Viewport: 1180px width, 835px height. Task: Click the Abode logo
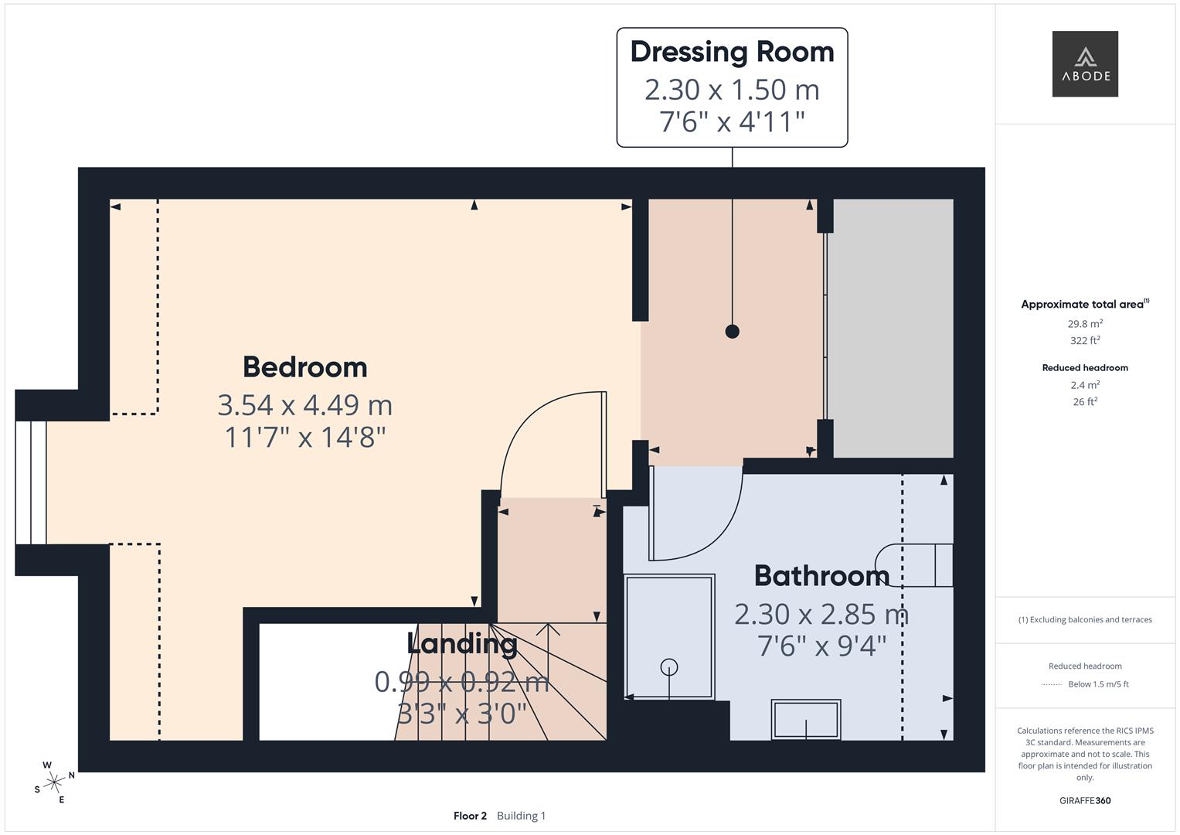tap(1085, 64)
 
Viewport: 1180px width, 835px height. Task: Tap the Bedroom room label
tap(304, 367)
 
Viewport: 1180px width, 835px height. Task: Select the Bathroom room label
tap(821, 576)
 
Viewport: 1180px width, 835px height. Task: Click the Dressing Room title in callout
tap(732, 52)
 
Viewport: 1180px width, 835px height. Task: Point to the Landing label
tap(462, 643)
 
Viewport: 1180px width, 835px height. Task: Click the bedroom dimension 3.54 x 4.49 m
tap(304, 405)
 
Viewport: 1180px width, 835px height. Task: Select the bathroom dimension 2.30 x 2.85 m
tap(821, 615)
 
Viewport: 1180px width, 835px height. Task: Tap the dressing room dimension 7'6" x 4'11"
tap(732, 122)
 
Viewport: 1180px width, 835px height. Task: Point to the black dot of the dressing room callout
tap(732, 332)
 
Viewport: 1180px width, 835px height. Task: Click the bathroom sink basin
tap(806, 720)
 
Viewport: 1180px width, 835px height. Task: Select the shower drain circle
tap(669, 666)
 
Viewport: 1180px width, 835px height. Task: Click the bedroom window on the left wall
tap(31, 482)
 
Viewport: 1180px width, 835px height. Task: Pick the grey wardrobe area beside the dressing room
tap(893, 328)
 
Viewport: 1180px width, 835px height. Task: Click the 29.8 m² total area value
tap(1085, 324)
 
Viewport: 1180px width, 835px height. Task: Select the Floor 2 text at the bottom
tap(470, 816)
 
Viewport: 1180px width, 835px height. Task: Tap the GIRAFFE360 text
tap(1085, 801)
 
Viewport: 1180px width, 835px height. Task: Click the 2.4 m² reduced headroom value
tap(1085, 385)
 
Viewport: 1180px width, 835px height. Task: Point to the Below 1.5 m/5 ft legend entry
tap(1097, 684)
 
